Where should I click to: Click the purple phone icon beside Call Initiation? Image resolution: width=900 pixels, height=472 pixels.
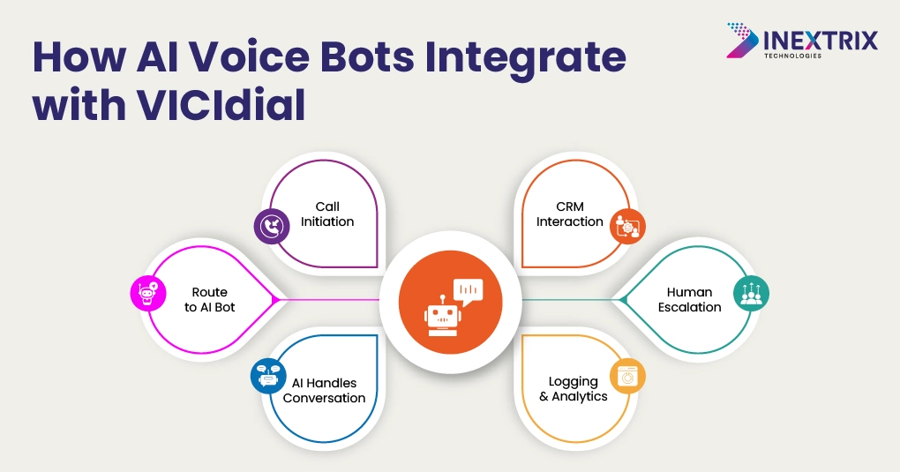coord(272,226)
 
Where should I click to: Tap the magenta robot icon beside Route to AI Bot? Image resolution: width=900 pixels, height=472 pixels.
coord(148,293)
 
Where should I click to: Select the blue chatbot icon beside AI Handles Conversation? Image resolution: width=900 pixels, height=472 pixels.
coord(268,376)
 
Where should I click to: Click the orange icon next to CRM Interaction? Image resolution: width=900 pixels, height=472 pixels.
coord(627,226)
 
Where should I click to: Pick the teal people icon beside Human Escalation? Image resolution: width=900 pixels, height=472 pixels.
coord(752,293)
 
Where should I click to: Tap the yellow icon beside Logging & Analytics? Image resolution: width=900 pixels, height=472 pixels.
coord(627,376)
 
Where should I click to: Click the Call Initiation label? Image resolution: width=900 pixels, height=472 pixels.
coord(327,214)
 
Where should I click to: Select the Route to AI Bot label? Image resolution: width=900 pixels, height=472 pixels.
coord(209,300)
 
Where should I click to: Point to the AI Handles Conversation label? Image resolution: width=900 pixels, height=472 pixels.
coord(325,391)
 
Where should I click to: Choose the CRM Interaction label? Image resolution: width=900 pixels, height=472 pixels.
coord(570,214)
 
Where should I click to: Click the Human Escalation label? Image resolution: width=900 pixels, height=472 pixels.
coord(689,300)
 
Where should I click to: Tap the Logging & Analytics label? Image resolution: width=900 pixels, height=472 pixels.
coord(574,389)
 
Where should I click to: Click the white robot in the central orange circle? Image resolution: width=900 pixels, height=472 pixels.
coord(442,316)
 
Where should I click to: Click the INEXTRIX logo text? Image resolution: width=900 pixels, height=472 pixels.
coord(821,41)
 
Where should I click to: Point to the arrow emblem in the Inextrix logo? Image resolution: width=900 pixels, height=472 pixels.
coord(743,41)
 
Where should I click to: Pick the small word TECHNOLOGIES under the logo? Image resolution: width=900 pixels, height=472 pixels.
coord(792,56)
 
